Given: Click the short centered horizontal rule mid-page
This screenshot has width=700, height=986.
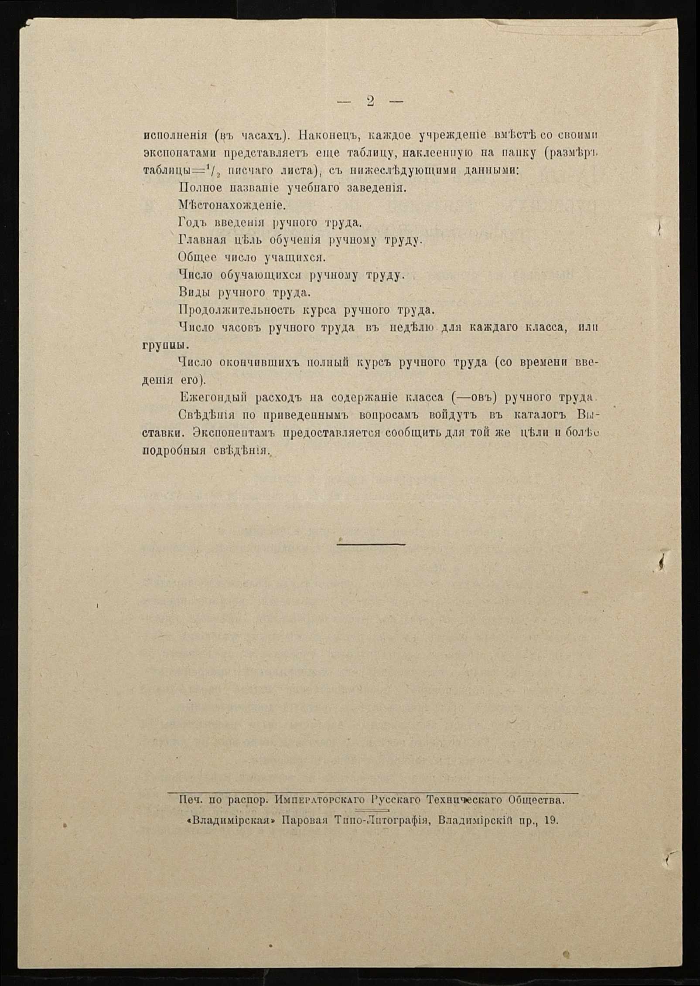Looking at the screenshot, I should point(371,544).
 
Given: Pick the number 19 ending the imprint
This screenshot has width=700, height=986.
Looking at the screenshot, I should point(551,820).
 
